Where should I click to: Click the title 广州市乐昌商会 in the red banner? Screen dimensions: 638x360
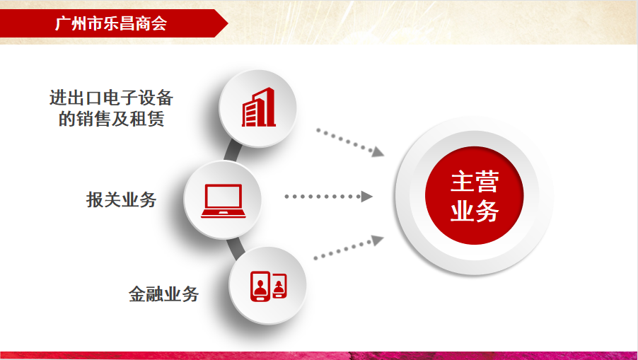click(x=110, y=23)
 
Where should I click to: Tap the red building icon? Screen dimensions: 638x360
click(x=259, y=107)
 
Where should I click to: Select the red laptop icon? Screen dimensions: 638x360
click(x=223, y=201)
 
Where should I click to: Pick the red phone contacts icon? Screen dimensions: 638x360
click(x=268, y=286)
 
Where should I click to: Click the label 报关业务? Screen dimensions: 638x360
click(x=121, y=199)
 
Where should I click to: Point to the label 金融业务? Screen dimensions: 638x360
click(x=163, y=294)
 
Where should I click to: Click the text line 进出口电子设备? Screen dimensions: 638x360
click(x=112, y=98)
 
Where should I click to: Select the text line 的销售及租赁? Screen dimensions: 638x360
click(x=112, y=120)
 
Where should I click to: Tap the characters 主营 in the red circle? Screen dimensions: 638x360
click(x=475, y=182)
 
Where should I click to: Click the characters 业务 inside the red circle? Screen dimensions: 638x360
click(x=475, y=211)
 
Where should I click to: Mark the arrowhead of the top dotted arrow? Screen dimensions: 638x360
click(x=378, y=152)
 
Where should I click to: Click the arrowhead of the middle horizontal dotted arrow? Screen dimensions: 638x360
click(x=366, y=197)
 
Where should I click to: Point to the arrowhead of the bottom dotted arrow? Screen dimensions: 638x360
click(x=378, y=240)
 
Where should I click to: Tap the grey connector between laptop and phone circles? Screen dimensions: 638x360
click(x=236, y=248)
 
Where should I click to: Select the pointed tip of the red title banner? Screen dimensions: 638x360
click(x=228, y=23)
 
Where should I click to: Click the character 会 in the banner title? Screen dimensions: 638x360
click(x=159, y=23)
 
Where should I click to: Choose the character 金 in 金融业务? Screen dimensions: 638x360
click(x=137, y=294)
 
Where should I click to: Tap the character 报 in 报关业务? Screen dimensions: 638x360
click(x=95, y=199)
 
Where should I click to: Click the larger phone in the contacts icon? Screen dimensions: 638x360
click(x=260, y=286)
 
